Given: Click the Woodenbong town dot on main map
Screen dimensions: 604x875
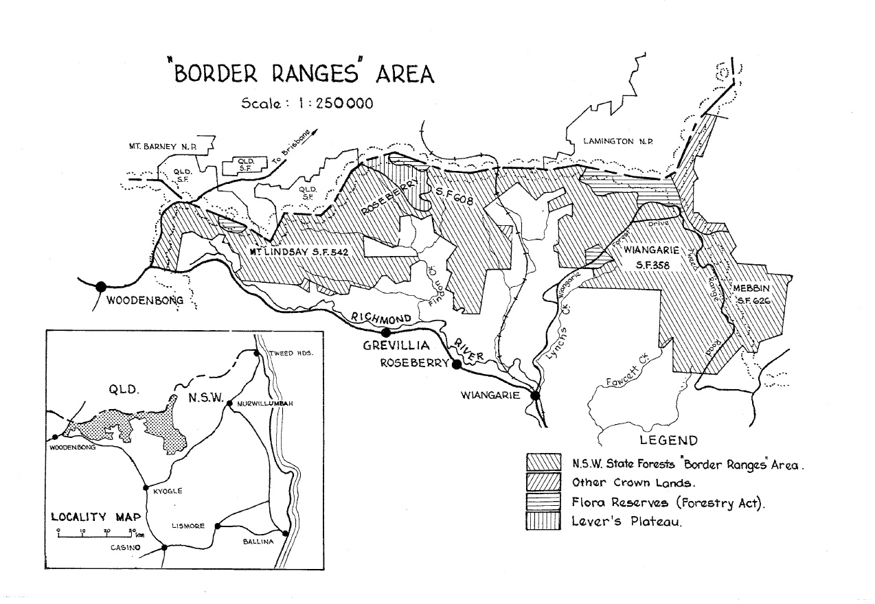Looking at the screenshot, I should click(102, 286).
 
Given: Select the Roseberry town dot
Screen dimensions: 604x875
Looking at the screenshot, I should click(455, 364).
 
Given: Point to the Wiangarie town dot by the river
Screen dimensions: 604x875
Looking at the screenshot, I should click(535, 395).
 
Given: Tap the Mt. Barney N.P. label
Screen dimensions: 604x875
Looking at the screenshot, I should click(163, 146).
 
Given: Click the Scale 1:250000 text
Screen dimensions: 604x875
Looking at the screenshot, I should click(307, 104).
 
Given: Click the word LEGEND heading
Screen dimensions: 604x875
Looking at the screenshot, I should click(669, 441).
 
